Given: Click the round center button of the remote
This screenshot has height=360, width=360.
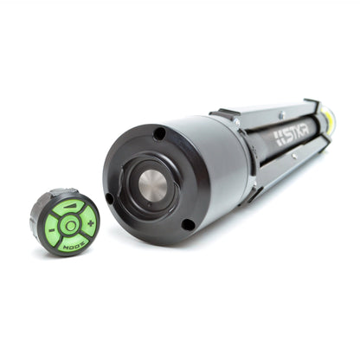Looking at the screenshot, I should point(69,224).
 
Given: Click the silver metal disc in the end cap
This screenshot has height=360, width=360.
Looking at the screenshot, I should point(152,184).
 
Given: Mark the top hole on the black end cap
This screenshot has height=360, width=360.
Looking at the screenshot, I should point(159,133).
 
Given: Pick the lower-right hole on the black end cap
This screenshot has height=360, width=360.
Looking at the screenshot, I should point(188,224).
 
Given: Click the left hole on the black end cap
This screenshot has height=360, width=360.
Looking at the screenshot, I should point(110,197).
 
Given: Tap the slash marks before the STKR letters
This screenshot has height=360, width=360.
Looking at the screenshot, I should point(279,136).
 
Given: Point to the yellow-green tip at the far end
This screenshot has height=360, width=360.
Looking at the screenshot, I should point(329,122).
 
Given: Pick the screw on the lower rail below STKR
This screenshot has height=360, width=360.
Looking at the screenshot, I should point(294,157).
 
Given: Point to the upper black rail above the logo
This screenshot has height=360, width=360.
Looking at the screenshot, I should point(268,112).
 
